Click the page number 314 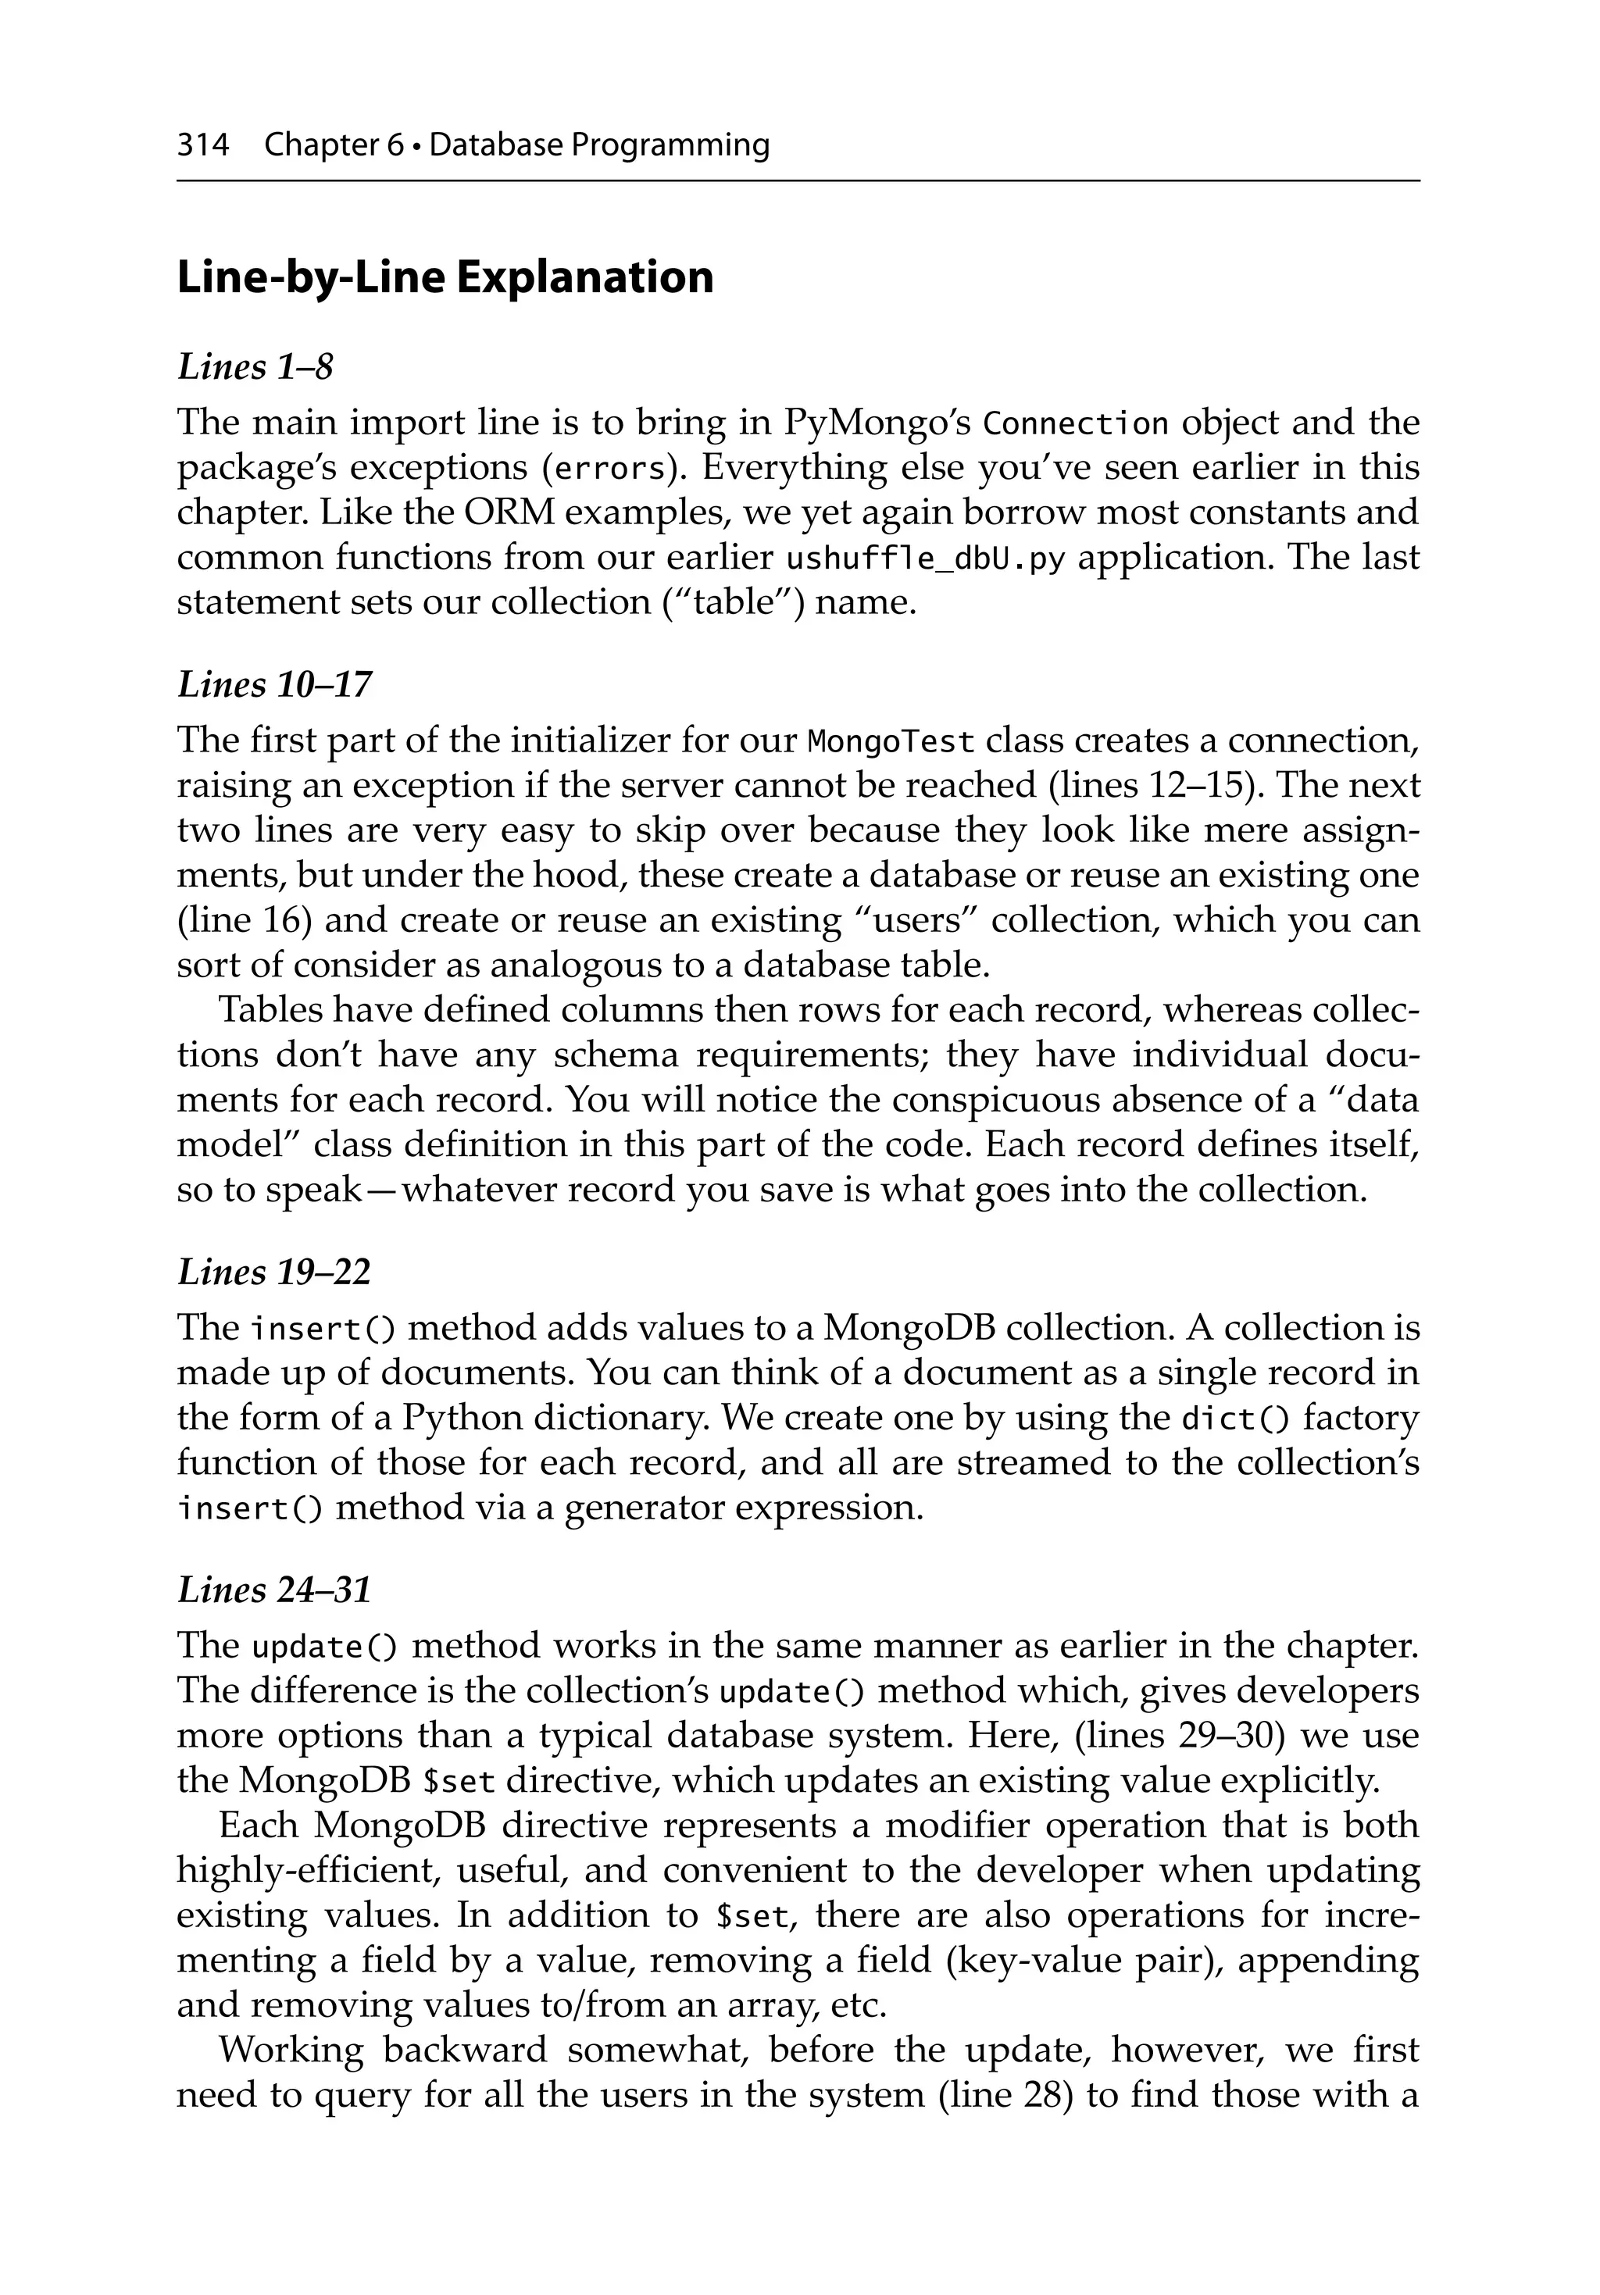click(202, 146)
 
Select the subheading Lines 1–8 click(255, 367)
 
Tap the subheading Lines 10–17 click(274, 685)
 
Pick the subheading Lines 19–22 click(274, 1272)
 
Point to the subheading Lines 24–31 click(274, 1590)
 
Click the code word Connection click(1076, 424)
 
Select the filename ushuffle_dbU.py click(926, 559)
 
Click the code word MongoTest click(890, 741)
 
